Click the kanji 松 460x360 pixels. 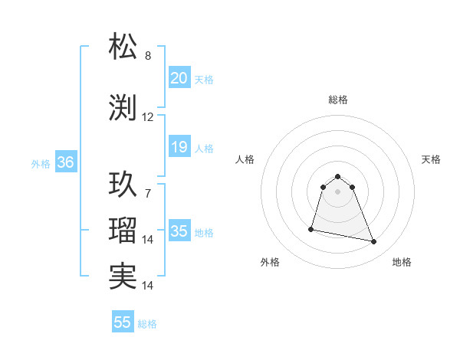point(123,46)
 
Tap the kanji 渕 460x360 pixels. point(123,109)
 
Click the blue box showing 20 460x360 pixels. point(179,78)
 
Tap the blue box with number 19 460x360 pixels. point(179,147)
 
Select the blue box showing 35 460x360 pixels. point(179,231)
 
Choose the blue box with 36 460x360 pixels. point(65,162)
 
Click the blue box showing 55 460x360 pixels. point(123,322)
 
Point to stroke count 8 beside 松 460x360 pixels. point(148,55)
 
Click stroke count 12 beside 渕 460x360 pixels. point(148,117)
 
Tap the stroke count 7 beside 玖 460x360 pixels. point(148,193)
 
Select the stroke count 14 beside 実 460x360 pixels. point(148,285)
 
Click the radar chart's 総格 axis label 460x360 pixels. point(337,100)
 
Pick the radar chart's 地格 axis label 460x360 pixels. point(402,262)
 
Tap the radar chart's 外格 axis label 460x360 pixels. point(270,262)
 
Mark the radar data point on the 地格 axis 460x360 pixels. point(374,242)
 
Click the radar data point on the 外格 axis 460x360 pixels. point(311,229)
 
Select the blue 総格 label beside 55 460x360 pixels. point(147,323)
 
